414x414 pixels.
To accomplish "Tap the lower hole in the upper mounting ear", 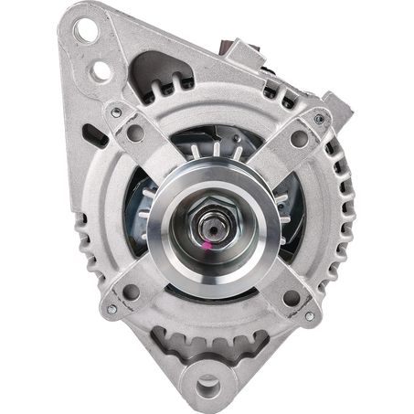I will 101,69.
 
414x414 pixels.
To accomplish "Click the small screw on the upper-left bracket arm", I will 114,112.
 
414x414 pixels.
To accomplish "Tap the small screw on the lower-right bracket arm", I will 309,315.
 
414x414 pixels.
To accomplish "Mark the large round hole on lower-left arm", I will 132,292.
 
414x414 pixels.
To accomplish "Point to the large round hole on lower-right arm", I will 291,297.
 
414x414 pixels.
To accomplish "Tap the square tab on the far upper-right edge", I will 339,107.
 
